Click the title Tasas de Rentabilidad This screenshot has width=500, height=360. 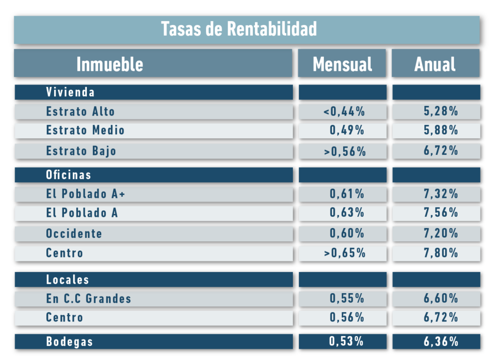[x=239, y=29]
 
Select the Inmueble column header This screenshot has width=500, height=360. [x=110, y=64]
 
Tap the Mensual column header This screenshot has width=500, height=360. [x=342, y=64]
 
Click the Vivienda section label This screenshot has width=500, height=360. [x=70, y=92]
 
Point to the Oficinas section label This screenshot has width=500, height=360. [x=68, y=175]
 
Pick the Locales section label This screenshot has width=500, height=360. [x=67, y=279]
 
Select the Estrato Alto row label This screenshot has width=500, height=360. [x=81, y=111]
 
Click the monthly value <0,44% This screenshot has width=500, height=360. [x=344, y=112]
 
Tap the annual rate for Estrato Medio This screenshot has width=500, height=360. [x=440, y=130]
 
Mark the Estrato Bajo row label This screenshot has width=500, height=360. [x=81, y=150]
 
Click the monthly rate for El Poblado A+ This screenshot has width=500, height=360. [x=347, y=194]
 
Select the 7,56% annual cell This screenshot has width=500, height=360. [x=440, y=213]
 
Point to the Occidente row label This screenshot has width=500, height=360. [x=74, y=233]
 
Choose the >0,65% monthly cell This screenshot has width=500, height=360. [x=344, y=253]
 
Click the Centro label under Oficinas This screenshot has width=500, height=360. [x=64, y=253]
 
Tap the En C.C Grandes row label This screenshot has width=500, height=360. [x=88, y=298]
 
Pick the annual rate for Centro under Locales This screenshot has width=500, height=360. [x=440, y=318]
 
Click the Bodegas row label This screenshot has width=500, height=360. [x=69, y=341]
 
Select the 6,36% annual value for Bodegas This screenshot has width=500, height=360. [x=440, y=341]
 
